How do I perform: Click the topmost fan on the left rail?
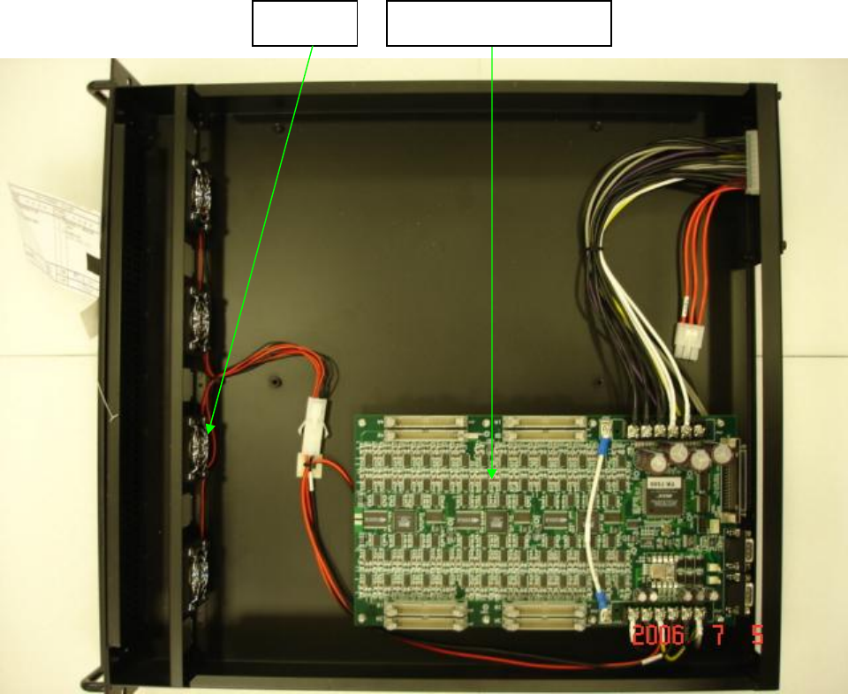pyautogui.click(x=201, y=189)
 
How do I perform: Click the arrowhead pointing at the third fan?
pyautogui.click(x=208, y=429)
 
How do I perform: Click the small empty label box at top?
pyautogui.click(x=305, y=23)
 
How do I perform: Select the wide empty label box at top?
pyautogui.click(x=499, y=23)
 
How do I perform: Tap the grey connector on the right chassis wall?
pyautogui.click(x=753, y=162)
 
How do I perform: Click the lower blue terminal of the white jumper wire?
pyautogui.click(x=602, y=600)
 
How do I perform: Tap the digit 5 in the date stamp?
pyautogui.click(x=757, y=636)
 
